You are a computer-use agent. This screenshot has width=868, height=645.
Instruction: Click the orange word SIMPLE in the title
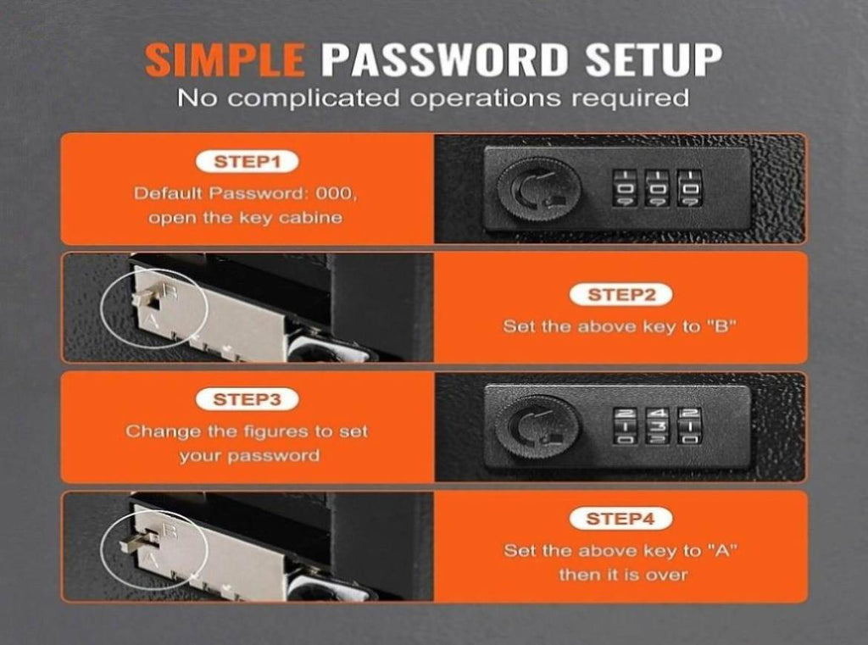tap(224, 59)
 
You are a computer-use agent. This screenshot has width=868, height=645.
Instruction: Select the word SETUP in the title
tap(654, 59)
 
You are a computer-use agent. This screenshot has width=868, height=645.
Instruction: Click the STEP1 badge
tap(248, 162)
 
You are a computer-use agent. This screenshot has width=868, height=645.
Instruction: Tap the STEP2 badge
tap(621, 295)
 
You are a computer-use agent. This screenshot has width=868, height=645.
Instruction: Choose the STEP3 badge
tap(247, 399)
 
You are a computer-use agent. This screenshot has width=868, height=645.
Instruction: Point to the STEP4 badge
tap(620, 519)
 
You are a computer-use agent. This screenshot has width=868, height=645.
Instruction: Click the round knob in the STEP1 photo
tap(538, 189)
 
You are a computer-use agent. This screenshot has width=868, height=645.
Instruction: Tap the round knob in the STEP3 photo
tap(537, 426)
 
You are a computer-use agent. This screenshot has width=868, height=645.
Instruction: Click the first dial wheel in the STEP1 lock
tap(623, 188)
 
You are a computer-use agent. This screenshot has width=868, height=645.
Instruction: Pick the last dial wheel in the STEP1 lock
tap(690, 188)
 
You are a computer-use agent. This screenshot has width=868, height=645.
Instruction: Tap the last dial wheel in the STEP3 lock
tap(690, 425)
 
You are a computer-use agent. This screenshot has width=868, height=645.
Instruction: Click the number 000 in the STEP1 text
tap(334, 194)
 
